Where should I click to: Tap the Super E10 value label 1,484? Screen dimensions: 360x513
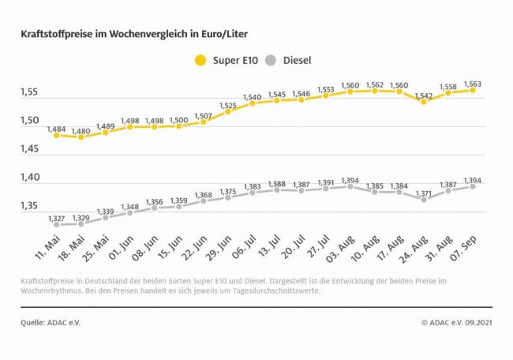(x=55, y=126)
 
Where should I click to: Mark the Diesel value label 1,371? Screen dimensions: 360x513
(x=423, y=191)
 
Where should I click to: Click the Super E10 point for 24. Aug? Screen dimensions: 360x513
(x=423, y=101)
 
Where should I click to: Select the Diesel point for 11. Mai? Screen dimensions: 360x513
(x=56, y=225)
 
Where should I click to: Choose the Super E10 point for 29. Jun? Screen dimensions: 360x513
(x=227, y=111)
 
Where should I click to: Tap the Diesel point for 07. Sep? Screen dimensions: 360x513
(x=472, y=186)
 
